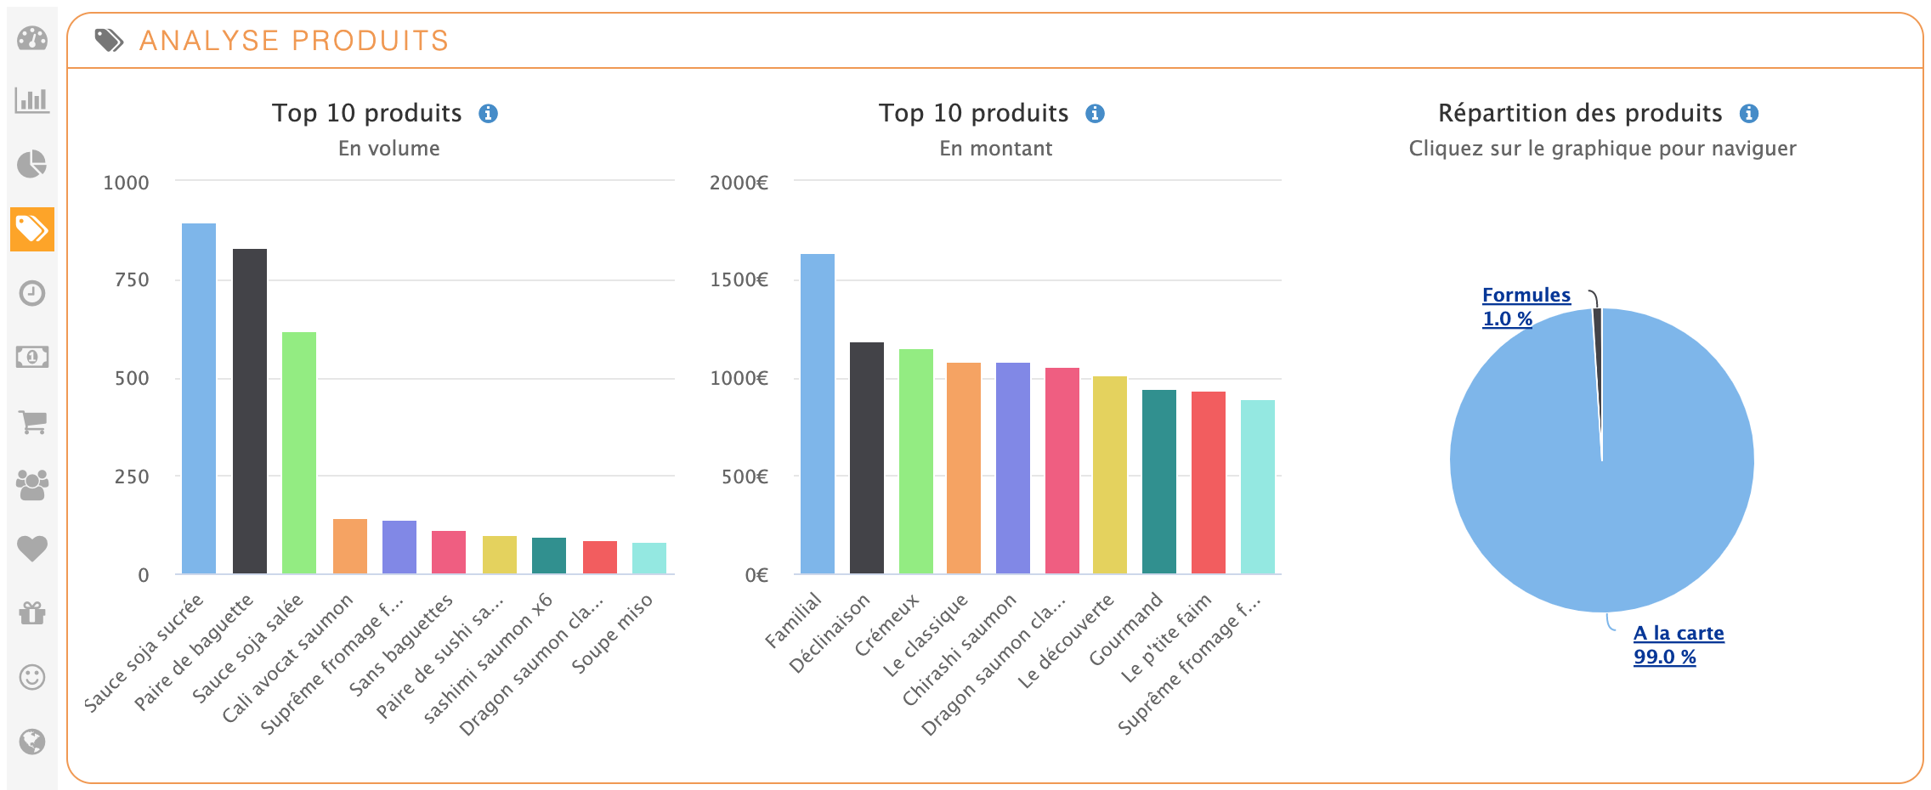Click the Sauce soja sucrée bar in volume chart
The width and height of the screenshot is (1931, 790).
click(x=199, y=398)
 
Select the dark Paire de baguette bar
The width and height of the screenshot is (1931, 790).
click(x=250, y=411)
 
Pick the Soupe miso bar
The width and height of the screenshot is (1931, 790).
click(x=649, y=558)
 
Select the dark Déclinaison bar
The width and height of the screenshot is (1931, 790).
click(x=867, y=458)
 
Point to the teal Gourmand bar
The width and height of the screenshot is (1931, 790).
click(x=1159, y=482)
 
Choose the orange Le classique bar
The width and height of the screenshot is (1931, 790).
click(x=964, y=468)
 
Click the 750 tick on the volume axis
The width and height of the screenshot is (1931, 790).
click(x=132, y=280)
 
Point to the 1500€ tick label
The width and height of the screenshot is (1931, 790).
click(x=739, y=280)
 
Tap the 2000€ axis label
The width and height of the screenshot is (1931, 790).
click(x=739, y=183)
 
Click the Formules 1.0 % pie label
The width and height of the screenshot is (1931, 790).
click(x=1525, y=307)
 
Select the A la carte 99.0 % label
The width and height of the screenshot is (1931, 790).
click(x=1678, y=645)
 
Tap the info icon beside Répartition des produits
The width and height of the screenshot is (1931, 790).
click(x=1748, y=114)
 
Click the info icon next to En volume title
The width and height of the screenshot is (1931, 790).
click(x=488, y=114)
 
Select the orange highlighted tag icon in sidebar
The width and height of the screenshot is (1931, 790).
click(x=32, y=229)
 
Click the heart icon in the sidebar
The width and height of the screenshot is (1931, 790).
click(x=32, y=549)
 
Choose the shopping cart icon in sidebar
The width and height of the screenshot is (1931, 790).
click(x=32, y=421)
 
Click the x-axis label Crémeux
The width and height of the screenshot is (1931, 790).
click(x=887, y=625)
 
